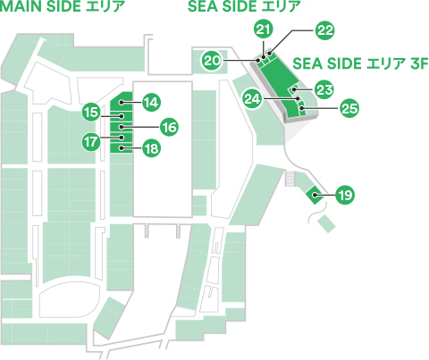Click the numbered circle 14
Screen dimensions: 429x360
152,103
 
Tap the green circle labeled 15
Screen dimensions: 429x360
91,113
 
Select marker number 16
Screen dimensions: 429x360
169,128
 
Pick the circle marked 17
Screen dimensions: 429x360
91,141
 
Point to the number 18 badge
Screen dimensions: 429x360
152,148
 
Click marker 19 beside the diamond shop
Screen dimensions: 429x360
345,196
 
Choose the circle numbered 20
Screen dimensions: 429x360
212,61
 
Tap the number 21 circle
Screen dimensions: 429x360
264,29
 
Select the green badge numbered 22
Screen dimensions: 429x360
325,30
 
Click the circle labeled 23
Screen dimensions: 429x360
324,89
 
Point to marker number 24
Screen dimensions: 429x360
252,98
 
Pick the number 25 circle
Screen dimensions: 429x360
349,108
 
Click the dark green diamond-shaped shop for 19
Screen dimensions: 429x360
315,195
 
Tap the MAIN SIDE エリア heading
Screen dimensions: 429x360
62,6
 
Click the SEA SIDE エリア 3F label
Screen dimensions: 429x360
360,63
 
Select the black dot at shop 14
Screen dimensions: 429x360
122,103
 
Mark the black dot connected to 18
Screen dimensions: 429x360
122,148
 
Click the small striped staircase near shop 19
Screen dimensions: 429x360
290,179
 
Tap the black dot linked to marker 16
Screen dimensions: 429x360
122,127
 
